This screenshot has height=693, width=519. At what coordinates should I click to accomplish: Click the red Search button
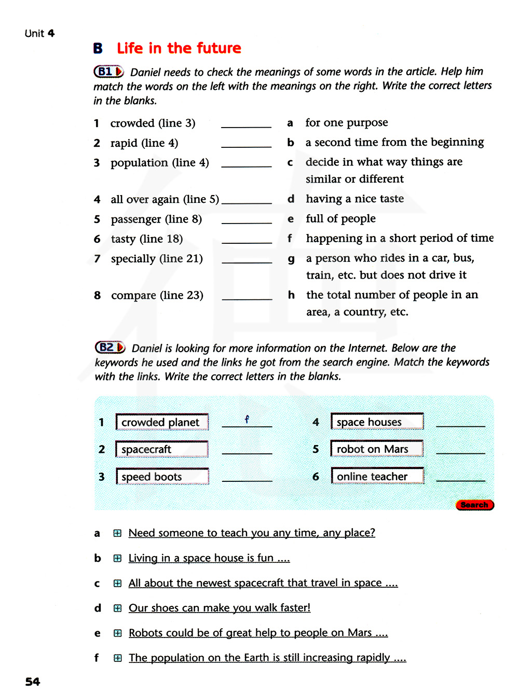point(474,505)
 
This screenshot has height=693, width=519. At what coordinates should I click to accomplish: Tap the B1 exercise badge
point(108,72)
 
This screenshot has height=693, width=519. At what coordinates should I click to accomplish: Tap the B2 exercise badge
point(110,348)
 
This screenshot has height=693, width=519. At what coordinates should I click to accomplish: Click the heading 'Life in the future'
point(179,48)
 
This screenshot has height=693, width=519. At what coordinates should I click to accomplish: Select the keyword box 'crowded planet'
point(162,422)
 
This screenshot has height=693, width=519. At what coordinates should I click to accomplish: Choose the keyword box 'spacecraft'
point(162,449)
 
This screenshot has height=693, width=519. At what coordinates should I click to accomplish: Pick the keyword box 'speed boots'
point(162,477)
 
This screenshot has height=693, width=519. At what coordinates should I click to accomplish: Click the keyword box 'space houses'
point(377,422)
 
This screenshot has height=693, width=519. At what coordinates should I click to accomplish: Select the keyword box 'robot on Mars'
point(377,449)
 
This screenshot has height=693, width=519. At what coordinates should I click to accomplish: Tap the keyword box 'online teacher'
point(377,476)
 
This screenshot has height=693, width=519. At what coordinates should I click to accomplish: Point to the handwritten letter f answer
point(247,419)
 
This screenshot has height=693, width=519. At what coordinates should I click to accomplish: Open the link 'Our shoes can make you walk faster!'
point(220,608)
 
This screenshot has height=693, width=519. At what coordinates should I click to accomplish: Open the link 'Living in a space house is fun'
point(209,558)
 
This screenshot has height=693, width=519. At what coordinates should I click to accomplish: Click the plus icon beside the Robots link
point(118,633)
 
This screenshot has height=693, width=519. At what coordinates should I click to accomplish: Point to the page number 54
point(33,682)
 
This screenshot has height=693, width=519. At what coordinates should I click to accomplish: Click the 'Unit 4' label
point(39,34)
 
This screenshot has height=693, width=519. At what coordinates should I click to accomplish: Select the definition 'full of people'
point(340,219)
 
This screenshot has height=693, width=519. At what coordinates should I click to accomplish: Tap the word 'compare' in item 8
point(133,296)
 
